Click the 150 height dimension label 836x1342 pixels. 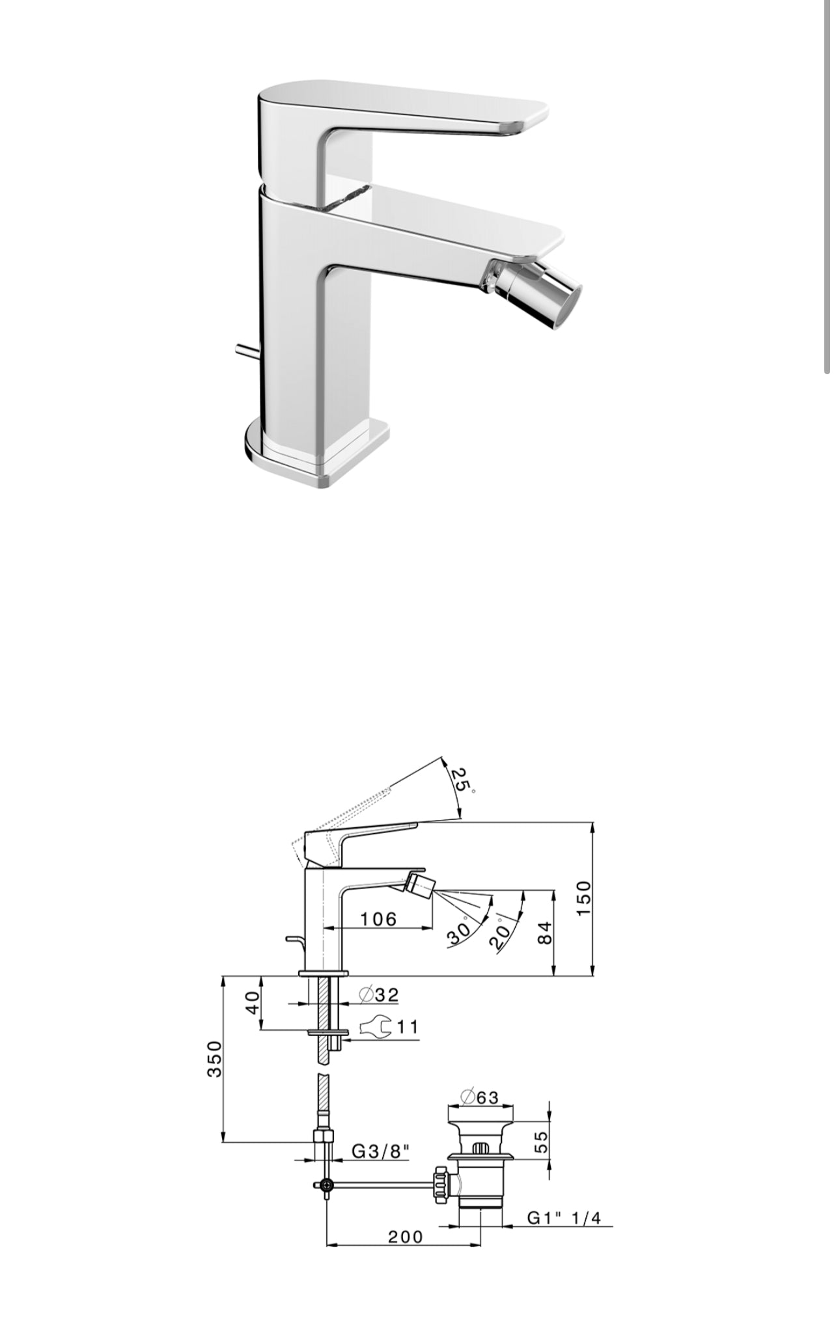(583, 898)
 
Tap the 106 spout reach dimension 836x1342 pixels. (378, 918)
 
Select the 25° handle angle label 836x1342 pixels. (462, 780)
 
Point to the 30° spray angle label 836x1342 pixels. (460, 933)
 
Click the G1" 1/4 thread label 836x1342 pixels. (564, 1218)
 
